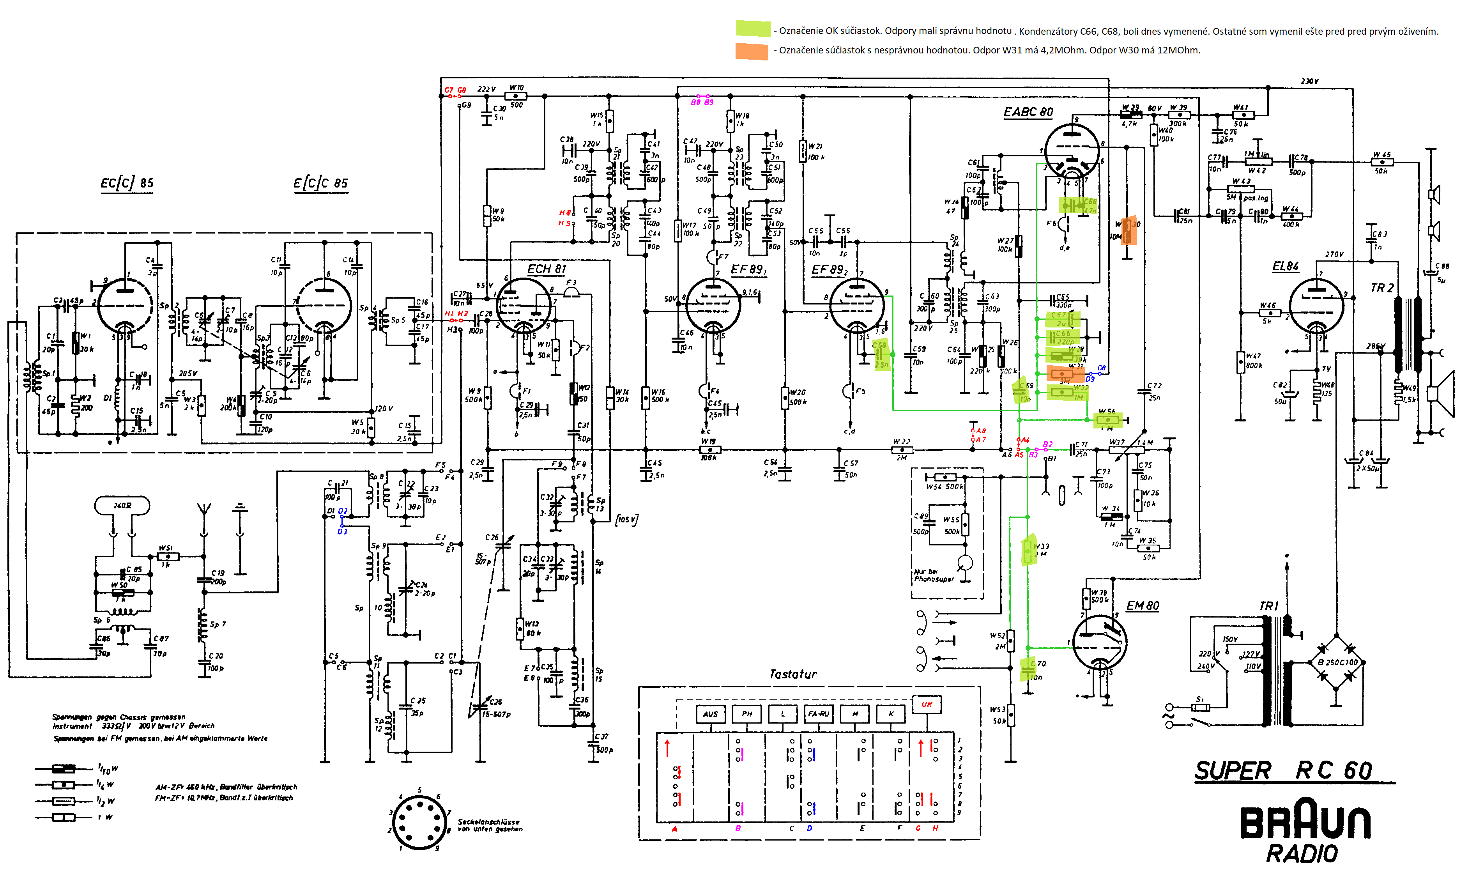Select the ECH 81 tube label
pos(546,269)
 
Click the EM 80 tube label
pos(1142,605)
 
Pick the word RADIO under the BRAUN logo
pos(1302,854)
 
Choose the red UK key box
pos(927,704)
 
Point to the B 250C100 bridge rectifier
pos(1337,662)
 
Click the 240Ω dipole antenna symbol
pos(122,505)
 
